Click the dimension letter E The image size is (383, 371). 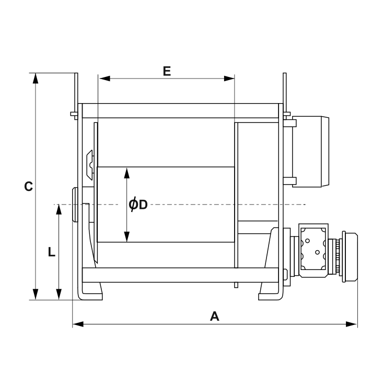click(167, 71)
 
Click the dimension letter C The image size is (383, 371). click(28, 186)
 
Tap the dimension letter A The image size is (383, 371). click(214, 316)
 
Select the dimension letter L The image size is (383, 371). click(51, 252)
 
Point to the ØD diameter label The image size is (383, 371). click(138, 204)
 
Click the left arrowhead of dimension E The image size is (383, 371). click(105, 78)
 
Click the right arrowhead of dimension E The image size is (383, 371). click(229, 78)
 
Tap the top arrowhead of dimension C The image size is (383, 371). click(36, 78)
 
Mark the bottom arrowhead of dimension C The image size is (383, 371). click(36, 294)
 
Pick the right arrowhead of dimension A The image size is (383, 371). click(352, 324)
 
